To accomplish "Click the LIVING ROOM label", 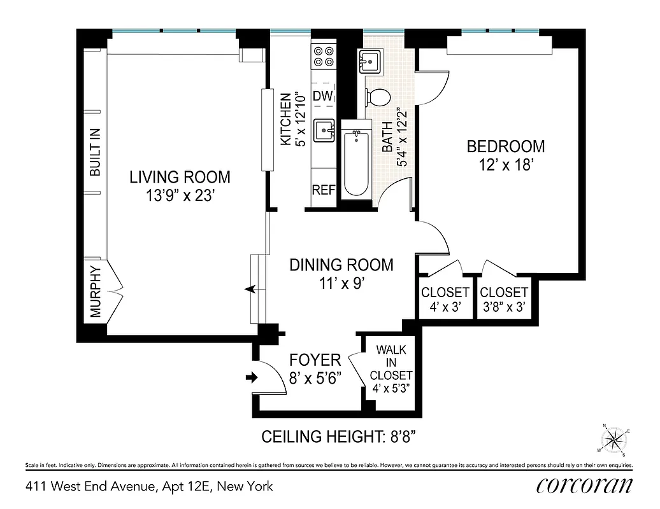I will click(180, 176).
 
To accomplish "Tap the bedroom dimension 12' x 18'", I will click(506, 165).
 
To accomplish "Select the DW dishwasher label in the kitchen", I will click(324, 96).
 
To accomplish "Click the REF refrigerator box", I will click(323, 190).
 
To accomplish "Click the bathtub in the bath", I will click(356, 162).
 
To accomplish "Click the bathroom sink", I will click(368, 62).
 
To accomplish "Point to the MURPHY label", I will click(96, 291).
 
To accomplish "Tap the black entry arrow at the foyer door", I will click(252, 377).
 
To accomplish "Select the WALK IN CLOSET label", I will click(391, 369).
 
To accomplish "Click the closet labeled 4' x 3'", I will click(445, 300).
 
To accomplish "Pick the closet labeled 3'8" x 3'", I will click(503, 300).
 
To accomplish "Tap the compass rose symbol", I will click(614, 439).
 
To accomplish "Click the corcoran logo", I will click(585, 485).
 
